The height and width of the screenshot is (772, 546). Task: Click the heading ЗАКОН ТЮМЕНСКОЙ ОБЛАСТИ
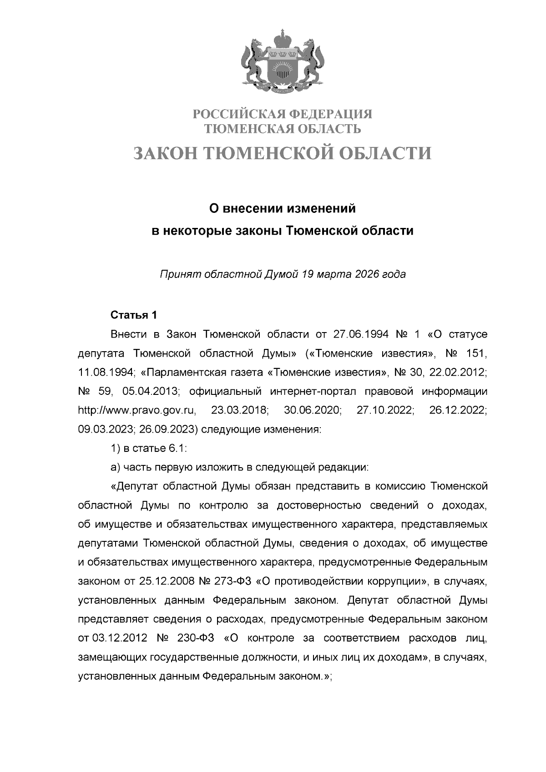[x=282, y=154]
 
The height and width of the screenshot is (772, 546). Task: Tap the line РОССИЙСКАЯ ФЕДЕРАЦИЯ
[x=282, y=114]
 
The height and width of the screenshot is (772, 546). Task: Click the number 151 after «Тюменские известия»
[x=476, y=353]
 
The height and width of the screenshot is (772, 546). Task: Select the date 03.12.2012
[x=119, y=638]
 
